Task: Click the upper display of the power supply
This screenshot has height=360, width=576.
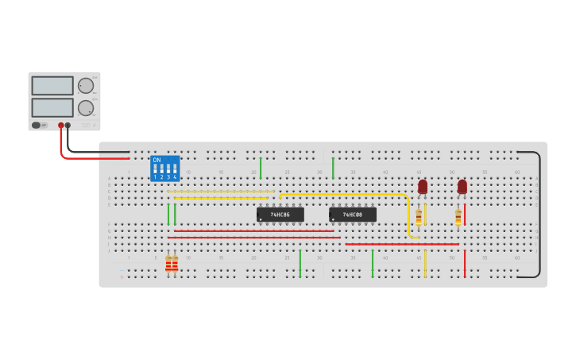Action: click(52, 86)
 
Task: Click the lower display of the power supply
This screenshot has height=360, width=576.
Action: click(52, 107)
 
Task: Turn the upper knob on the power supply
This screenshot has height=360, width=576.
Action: click(86, 86)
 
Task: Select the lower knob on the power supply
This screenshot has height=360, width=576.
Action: click(86, 108)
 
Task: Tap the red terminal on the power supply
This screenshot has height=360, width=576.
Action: click(60, 126)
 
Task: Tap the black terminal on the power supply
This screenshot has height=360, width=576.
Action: click(68, 126)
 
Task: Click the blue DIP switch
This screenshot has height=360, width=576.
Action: click(164, 168)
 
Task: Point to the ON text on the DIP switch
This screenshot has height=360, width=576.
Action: click(157, 161)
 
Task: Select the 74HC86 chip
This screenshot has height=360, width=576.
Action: click(280, 215)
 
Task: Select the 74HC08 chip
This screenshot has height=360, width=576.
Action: click(352, 215)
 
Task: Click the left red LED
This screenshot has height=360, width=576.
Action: click(423, 187)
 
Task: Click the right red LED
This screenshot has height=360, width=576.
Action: click(462, 187)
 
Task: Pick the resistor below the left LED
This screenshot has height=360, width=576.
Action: click(419, 216)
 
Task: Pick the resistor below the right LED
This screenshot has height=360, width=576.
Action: click(458, 216)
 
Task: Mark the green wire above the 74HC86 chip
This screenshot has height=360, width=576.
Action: click(261, 168)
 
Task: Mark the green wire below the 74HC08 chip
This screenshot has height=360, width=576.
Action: click(372, 264)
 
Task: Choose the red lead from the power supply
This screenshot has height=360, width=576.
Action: click(62, 147)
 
